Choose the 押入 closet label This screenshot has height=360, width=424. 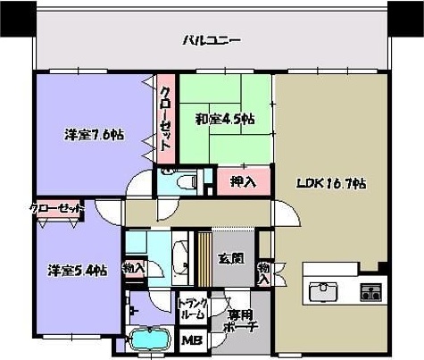pyautogui.click(x=243, y=182)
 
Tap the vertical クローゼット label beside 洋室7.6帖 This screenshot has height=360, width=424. pyautogui.click(x=166, y=119)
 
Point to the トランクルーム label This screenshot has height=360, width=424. pyautogui.click(x=194, y=308)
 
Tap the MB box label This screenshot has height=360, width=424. pyautogui.click(x=191, y=340)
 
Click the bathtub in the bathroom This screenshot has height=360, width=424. pyautogui.click(x=154, y=340)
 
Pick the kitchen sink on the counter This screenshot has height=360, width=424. pyautogui.click(x=322, y=290)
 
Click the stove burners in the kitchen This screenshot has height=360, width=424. pyautogui.click(x=370, y=290)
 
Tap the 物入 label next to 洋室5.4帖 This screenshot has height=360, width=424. pyautogui.click(x=134, y=267)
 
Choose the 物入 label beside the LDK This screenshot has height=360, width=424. pyautogui.click(x=264, y=272)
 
